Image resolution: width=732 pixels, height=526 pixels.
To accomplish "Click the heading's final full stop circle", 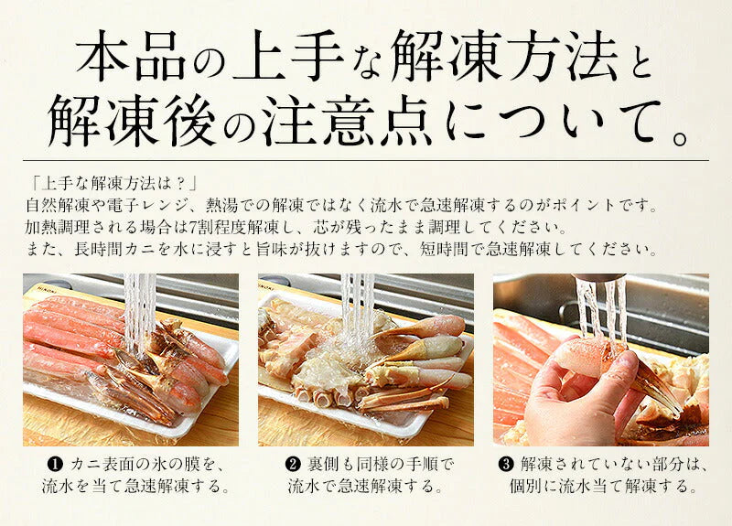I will [679, 139].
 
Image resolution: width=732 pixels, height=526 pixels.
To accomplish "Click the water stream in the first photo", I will [140, 311].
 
